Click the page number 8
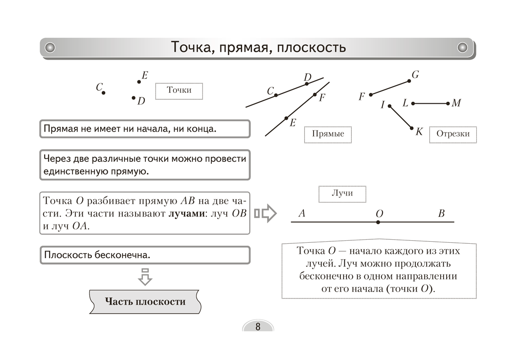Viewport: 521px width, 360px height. pyautogui.click(x=258, y=327)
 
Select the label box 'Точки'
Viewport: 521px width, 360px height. pyautogui.click(x=179, y=90)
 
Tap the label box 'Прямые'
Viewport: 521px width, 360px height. pyautogui.click(x=327, y=134)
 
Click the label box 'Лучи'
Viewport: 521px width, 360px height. pyautogui.click(x=342, y=193)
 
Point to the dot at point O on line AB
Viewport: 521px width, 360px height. pyautogui.click(x=378, y=222)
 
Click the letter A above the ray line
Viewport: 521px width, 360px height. pyautogui.click(x=301, y=214)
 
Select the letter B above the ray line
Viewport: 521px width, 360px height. pyautogui.click(x=442, y=214)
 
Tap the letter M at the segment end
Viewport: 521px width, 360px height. pyautogui.click(x=456, y=103)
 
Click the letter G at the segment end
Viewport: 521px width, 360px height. pyautogui.click(x=415, y=75)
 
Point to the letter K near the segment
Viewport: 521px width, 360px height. pyautogui.click(x=419, y=132)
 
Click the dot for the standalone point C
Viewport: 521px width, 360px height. pyautogui.click(x=103, y=92)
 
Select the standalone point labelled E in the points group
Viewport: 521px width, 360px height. pyautogui.click(x=139, y=82)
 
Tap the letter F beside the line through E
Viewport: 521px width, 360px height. pyautogui.click(x=322, y=98)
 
